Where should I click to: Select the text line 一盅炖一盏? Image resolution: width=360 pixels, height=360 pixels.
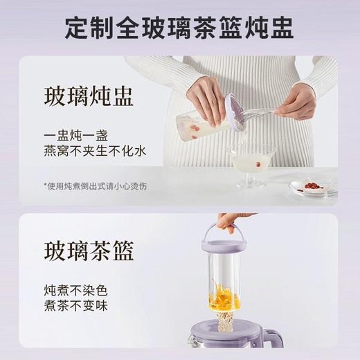[73, 136]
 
